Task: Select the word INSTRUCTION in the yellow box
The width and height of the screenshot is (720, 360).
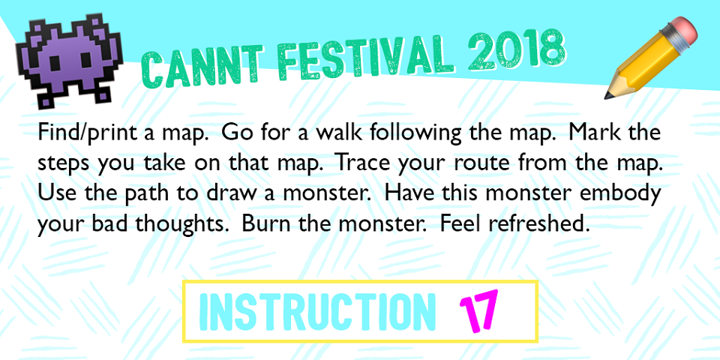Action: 317,311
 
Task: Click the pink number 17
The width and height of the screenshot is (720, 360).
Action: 478,310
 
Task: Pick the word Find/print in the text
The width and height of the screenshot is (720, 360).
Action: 87,133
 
